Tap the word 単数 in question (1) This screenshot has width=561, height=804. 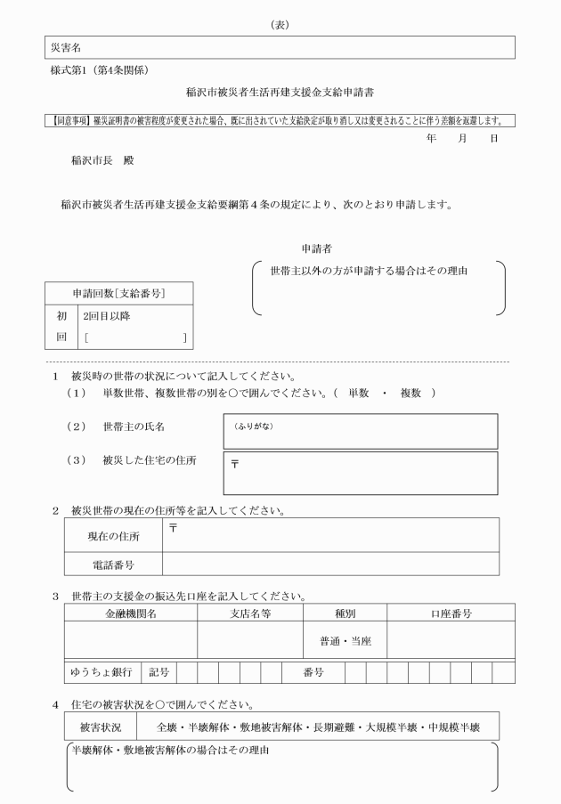click(x=359, y=394)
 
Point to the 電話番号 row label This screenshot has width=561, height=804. click(x=113, y=564)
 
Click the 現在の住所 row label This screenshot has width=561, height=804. click(x=113, y=536)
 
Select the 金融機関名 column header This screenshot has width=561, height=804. click(x=130, y=613)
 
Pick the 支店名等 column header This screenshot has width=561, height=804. click(x=250, y=613)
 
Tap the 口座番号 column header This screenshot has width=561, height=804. click(x=451, y=613)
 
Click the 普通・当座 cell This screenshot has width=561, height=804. click(x=345, y=640)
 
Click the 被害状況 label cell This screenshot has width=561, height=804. click(x=102, y=727)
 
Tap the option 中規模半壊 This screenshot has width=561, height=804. click(x=455, y=727)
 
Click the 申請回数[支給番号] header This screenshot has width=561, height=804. click(x=118, y=294)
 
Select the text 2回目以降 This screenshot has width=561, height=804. click(x=106, y=316)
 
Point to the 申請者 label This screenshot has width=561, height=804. click(x=318, y=249)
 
